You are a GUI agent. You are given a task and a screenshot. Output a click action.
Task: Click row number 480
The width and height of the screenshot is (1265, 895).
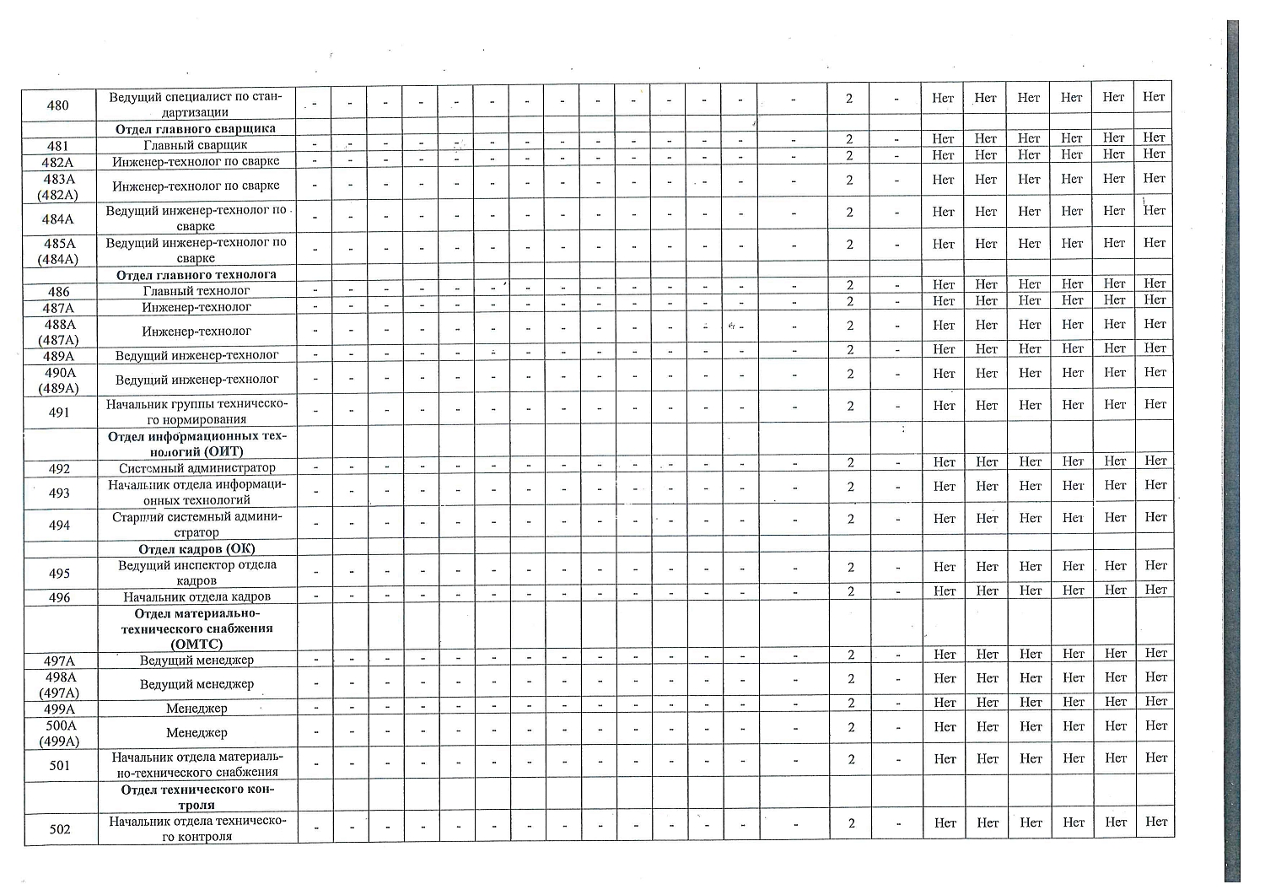[58, 105]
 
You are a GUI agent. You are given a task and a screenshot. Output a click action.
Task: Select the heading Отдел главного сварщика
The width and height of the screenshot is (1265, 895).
[196, 129]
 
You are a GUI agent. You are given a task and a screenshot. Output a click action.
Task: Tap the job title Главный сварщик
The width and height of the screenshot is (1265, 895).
[196, 145]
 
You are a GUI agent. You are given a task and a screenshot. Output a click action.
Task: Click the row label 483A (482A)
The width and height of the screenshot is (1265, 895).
[58, 186]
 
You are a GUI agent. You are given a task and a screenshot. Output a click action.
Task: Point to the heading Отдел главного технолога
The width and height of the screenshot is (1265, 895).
[196, 275]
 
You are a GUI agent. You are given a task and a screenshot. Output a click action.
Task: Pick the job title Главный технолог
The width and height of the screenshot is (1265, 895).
[196, 291]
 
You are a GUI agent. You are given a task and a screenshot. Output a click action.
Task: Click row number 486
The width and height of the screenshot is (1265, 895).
[58, 292]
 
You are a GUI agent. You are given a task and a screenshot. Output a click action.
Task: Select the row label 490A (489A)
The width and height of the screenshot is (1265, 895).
[60, 380]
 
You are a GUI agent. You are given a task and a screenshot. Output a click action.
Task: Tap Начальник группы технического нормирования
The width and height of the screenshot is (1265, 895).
[196, 412]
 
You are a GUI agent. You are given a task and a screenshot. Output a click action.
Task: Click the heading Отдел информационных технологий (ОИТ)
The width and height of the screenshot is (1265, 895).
[197, 444]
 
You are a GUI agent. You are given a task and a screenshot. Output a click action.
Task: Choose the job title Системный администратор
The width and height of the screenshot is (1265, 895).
[197, 468]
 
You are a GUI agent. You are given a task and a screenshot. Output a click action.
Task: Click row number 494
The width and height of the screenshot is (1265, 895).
[59, 526]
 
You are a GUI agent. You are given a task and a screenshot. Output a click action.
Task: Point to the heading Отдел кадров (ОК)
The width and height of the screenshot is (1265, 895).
[196, 549]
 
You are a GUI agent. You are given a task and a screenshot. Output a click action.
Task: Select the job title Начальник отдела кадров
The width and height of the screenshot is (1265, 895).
[196, 597]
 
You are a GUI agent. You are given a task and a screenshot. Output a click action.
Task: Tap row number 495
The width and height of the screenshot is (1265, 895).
[59, 574]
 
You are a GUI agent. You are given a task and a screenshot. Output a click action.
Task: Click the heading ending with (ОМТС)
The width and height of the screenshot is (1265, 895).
[196, 629]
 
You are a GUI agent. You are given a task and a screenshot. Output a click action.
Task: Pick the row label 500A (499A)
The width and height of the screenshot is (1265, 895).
[60, 733]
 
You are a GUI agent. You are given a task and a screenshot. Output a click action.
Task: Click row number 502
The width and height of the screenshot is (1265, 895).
[60, 829]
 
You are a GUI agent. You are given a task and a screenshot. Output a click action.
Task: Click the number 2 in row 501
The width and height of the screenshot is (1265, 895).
[852, 759]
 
